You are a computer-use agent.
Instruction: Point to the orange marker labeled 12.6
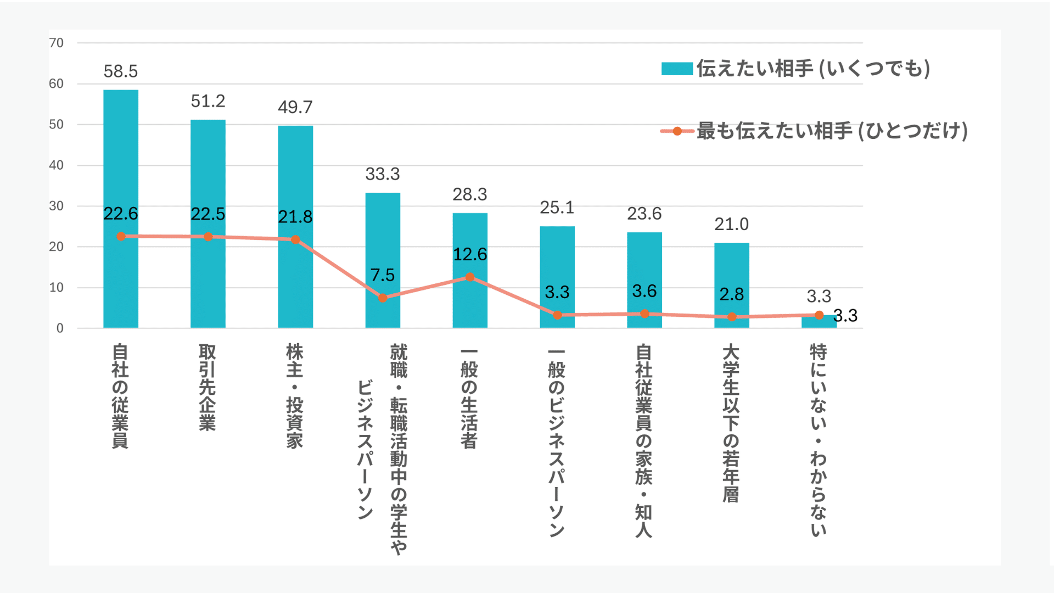(x=470, y=277)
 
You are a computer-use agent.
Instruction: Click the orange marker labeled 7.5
(x=383, y=298)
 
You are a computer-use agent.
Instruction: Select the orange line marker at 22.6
(x=121, y=236)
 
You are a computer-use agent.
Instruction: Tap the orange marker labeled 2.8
(x=732, y=317)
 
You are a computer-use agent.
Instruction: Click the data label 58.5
(x=121, y=71)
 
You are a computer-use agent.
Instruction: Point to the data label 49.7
(x=295, y=107)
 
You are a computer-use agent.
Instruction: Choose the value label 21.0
(x=732, y=224)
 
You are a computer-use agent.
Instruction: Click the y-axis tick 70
(x=57, y=43)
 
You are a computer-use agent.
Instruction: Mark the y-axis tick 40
(x=57, y=165)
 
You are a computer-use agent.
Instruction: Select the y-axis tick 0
(x=60, y=328)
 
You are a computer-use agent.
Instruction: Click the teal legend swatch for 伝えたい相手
(x=677, y=69)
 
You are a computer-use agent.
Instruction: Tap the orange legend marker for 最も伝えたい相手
(x=677, y=131)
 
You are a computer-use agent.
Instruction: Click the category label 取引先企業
(x=208, y=388)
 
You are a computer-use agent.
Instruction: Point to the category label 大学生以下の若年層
(x=731, y=423)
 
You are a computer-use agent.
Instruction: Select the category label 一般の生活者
(x=469, y=398)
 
